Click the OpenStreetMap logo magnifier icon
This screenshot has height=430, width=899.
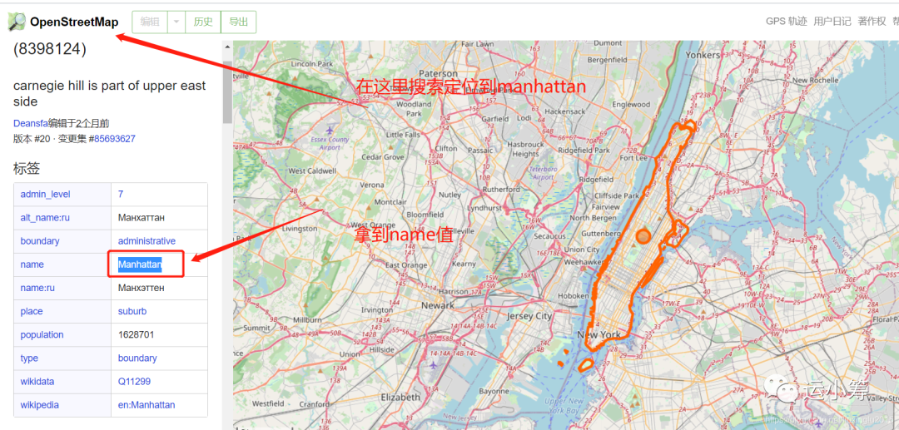click(17, 22)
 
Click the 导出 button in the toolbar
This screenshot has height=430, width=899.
click(238, 22)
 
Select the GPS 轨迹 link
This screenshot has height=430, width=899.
click(786, 22)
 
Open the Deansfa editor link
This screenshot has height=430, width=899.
click(30, 123)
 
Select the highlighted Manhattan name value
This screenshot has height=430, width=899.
click(139, 264)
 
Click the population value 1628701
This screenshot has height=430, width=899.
click(137, 334)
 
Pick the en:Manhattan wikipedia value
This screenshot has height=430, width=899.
click(147, 405)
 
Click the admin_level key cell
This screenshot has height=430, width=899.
click(46, 194)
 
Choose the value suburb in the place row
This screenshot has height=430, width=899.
click(132, 311)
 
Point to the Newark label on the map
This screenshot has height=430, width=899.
click(438, 305)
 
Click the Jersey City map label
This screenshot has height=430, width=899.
click(529, 316)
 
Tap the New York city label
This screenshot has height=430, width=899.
click(599, 334)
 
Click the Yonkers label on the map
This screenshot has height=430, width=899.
click(703, 55)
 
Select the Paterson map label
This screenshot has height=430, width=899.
click(439, 73)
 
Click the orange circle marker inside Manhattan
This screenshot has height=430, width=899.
click(643, 236)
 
